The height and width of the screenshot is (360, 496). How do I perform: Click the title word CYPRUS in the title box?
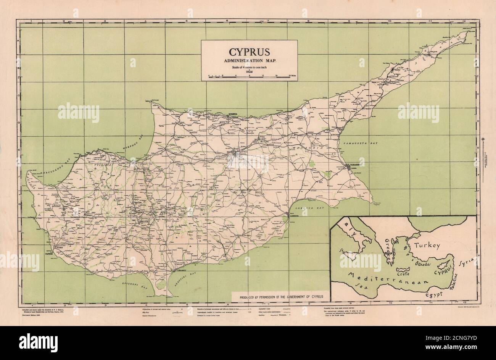pos(248,52)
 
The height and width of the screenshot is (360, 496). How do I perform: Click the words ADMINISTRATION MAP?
pos(248,61)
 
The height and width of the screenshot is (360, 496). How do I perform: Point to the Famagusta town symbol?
pos(348,165)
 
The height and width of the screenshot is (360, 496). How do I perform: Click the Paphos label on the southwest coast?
pos(48,253)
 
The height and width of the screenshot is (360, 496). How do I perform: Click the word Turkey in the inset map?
pos(427,245)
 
